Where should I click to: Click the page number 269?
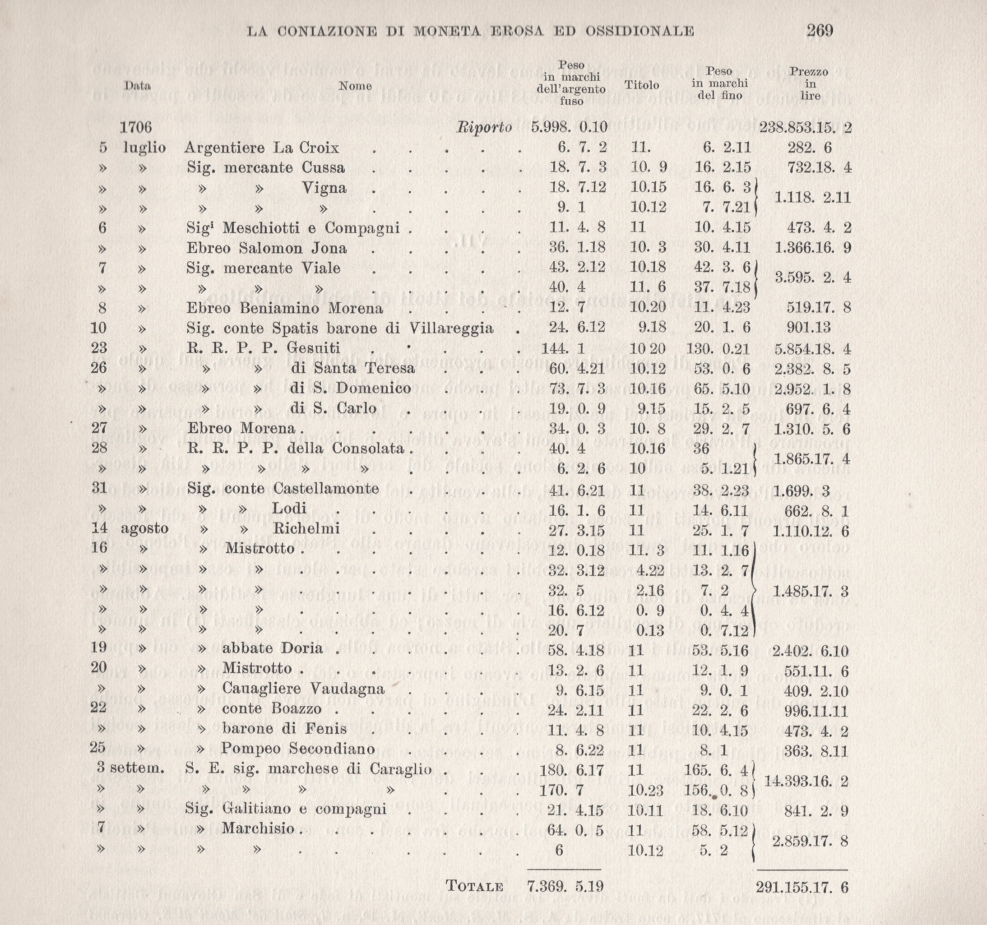coord(820,31)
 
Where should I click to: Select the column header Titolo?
coord(641,85)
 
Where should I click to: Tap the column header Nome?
coord(355,86)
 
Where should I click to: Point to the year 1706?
coord(135,128)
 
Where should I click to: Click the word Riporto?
coord(484,128)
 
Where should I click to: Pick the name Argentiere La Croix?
coord(262,148)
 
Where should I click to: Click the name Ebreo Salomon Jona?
coord(267,248)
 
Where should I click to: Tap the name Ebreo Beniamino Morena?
coord(284,308)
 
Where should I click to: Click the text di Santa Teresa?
coord(352,368)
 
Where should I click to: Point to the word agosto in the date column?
coord(144,528)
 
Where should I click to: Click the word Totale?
coord(474,886)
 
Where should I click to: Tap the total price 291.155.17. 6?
coord(802,887)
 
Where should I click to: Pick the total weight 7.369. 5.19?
coord(565,886)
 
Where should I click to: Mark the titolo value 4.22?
coord(650,570)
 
